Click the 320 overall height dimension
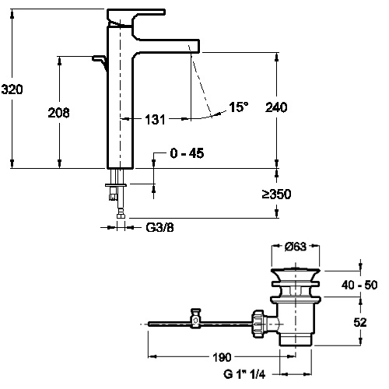point(12,89)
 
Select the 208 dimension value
point(59,113)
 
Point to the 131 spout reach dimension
point(155,120)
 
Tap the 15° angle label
point(238,107)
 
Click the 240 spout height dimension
point(276,107)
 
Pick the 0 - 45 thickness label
point(187,153)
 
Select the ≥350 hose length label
point(276,194)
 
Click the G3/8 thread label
point(159,227)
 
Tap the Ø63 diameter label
point(296,247)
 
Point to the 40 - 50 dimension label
point(359,285)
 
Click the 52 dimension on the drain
point(360,322)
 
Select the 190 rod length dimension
point(222,357)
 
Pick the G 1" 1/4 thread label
point(244,374)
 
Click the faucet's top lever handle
point(136,16)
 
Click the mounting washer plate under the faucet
point(116,185)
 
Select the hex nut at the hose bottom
point(121,216)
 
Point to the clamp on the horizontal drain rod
point(195,318)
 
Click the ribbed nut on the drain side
point(258,324)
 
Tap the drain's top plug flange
point(296,273)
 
